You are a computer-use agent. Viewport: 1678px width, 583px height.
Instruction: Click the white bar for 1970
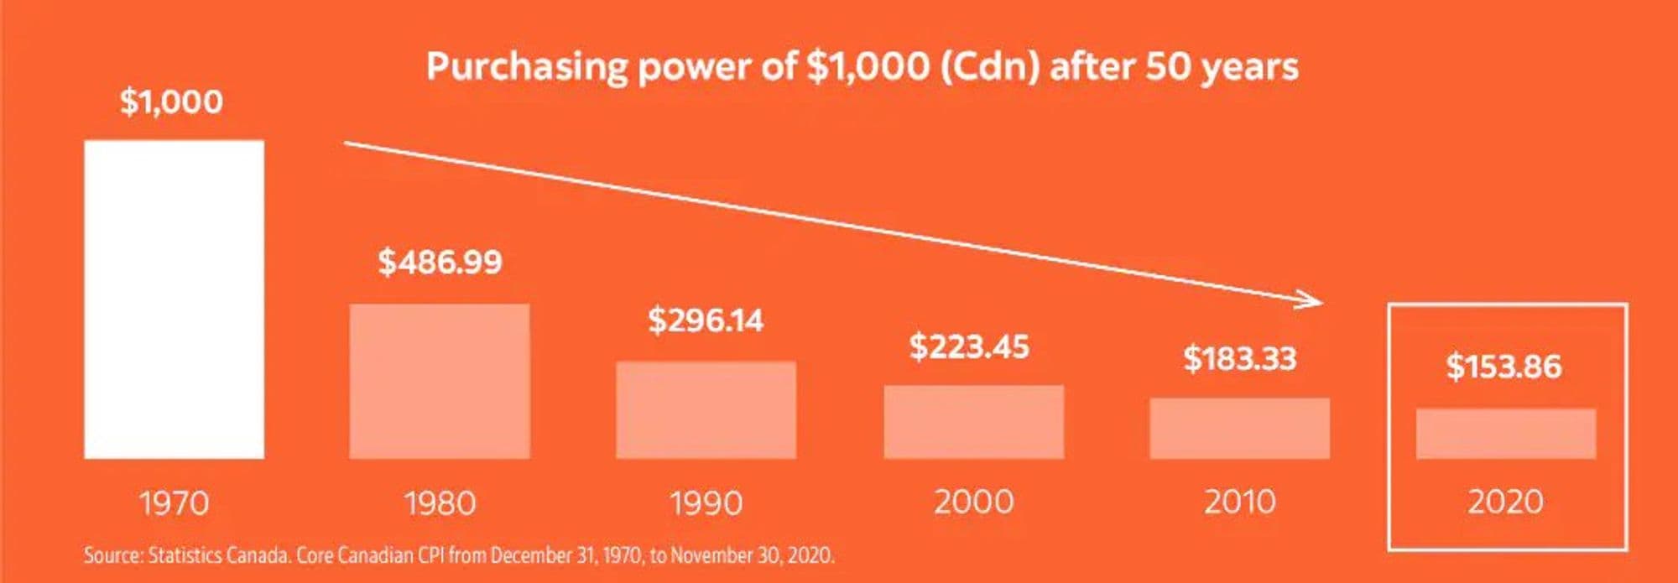point(174,299)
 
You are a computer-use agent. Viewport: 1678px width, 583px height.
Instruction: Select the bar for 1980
point(440,382)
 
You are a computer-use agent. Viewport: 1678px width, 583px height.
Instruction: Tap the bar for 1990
point(706,410)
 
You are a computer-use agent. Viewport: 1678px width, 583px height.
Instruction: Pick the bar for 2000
point(973,422)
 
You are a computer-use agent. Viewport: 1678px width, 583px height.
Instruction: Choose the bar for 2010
point(1239,429)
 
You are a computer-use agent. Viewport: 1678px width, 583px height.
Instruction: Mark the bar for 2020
point(1505,434)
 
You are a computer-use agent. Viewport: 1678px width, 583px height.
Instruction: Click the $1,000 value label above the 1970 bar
point(171,102)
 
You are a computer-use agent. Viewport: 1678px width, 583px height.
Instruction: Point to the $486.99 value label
point(440,262)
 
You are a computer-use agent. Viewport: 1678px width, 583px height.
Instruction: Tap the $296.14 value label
point(706,320)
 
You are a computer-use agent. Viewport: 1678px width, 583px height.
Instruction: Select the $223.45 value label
point(969,346)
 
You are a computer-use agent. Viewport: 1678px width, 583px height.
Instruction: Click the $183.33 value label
point(1239,358)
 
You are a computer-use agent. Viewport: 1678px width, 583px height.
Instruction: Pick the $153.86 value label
point(1503,367)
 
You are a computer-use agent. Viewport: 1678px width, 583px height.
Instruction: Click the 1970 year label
point(174,503)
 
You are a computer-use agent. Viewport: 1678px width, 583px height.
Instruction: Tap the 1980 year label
point(440,503)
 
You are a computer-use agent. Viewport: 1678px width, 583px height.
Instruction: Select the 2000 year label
point(973,502)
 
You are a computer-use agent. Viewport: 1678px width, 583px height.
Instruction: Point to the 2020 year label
point(1505,502)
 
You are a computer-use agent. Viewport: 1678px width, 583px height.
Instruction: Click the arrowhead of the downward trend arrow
point(1313,300)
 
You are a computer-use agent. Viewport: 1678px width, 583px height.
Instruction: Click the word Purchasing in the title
point(526,66)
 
